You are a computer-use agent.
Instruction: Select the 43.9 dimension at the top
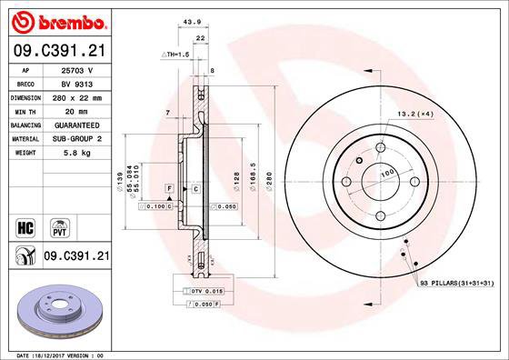click(x=191, y=24)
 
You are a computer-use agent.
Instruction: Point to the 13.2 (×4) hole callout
click(x=414, y=114)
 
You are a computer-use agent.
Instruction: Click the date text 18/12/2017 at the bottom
click(x=58, y=355)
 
